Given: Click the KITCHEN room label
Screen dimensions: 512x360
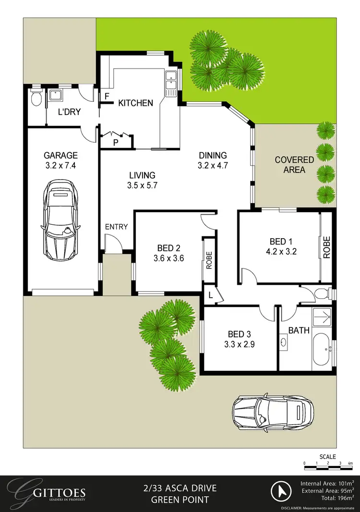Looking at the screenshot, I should pyautogui.click(x=136, y=103).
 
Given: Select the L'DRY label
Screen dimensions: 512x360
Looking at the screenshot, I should pyautogui.click(x=69, y=112).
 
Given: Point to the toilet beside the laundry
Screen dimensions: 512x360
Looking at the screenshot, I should pyautogui.click(x=36, y=98).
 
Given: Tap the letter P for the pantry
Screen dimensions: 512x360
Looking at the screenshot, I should pyautogui.click(x=115, y=142).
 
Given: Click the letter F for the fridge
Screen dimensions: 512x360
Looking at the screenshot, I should pyautogui.click(x=106, y=96).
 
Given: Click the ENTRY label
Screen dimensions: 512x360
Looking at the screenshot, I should pyautogui.click(x=117, y=226).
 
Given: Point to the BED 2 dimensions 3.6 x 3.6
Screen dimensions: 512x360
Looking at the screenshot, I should pyautogui.click(x=168, y=258).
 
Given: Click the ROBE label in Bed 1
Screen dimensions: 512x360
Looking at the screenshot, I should pyautogui.click(x=326, y=248).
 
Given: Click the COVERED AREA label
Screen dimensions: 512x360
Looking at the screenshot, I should pyautogui.click(x=294, y=165).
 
